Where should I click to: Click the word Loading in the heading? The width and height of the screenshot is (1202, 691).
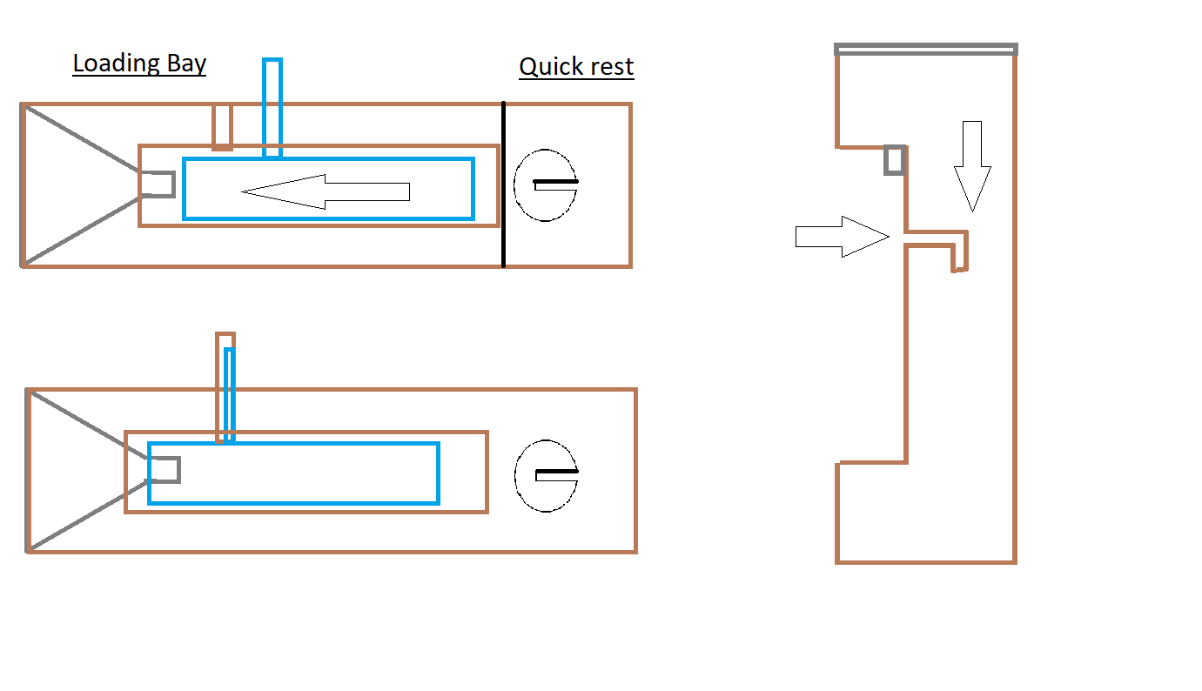click(116, 64)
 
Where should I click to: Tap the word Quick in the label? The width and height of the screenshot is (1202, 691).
click(551, 67)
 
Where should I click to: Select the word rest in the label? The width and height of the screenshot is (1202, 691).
click(612, 67)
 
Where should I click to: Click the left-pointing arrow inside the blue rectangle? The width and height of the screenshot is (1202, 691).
click(326, 191)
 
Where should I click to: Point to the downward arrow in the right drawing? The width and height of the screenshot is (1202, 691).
click(972, 166)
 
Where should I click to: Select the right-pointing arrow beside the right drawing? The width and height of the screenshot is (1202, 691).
click(842, 237)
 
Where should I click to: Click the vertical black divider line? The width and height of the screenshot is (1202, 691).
click(503, 184)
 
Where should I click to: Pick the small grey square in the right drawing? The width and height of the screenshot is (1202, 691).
click(895, 160)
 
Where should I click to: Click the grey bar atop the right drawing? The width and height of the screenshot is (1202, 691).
click(925, 50)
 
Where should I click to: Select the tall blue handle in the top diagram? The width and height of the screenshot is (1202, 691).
click(272, 107)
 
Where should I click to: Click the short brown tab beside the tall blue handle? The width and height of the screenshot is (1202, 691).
click(222, 127)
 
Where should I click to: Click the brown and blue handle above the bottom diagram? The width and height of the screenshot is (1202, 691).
click(225, 387)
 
